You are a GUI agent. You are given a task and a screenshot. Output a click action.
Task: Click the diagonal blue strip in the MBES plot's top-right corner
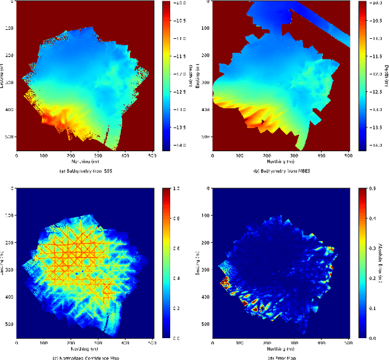pyautogui.click(x=325, y=24)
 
